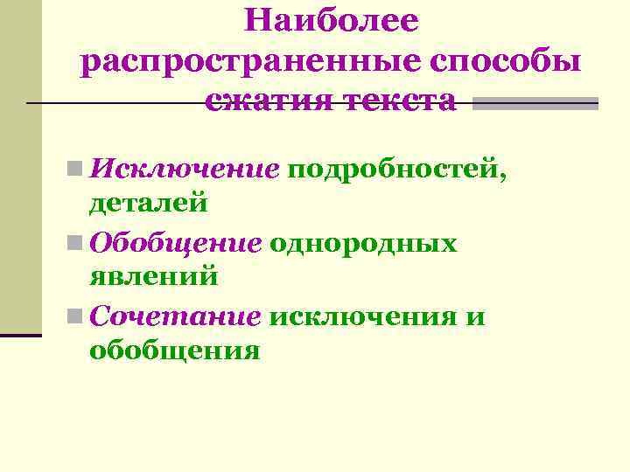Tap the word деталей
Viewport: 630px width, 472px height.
click(148, 204)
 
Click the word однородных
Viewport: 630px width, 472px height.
click(364, 241)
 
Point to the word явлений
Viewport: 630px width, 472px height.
click(153, 278)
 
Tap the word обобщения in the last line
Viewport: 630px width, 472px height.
click(174, 351)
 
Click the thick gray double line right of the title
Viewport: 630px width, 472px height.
click(541, 104)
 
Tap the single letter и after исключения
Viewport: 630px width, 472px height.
click(476, 316)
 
